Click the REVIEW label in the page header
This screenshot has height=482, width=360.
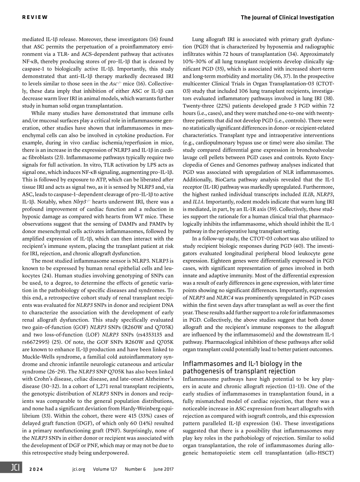click(x=35, y=17)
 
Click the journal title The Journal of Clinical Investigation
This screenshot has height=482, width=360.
click(x=287, y=17)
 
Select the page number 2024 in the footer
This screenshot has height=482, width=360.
click(x=36, y=469)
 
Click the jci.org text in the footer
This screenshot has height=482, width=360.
click(x=78, y=469)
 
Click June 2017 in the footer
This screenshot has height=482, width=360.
click(x=163, y=469)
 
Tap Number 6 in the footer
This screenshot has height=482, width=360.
click(x=135, y=469)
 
